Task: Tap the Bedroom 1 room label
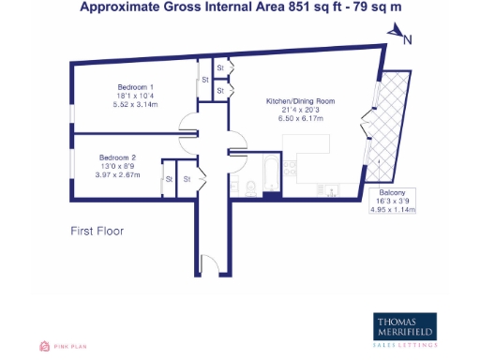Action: (x=120, y=87)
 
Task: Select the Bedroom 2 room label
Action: (x=117, y=156)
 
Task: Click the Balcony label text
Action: (x=393, y=190)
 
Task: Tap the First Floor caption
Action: (x=97, y=230)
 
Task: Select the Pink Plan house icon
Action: (x=43, y=346)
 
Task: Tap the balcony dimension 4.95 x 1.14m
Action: (x=393, y=209)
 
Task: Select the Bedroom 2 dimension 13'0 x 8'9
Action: (x=117, y=165)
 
